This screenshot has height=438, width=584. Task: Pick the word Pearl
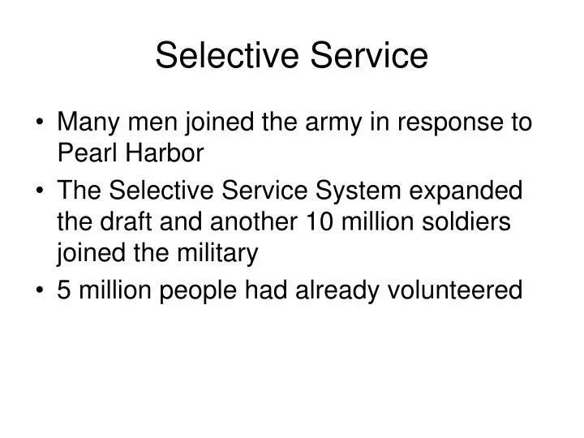point(83,154)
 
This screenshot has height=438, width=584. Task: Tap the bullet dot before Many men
point(41,125)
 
